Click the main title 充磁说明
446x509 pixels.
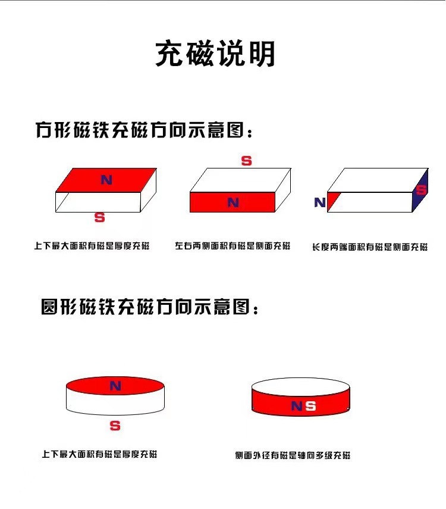(215, 54)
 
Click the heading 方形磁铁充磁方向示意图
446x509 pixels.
(145, 130)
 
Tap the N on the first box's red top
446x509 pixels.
(106, 179)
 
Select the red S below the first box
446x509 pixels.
(100, 218)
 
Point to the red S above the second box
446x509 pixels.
(246, 161)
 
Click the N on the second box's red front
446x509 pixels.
(233, 202)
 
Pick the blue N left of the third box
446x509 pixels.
(320, 202)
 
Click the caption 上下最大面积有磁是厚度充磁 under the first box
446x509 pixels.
(92, 245)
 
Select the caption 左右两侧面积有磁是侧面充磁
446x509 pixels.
(233, 245)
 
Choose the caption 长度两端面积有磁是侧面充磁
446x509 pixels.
(369, 246)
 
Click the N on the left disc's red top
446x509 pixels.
(115, 386)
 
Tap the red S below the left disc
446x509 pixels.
(115, 426)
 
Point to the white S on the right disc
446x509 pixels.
(310, 407)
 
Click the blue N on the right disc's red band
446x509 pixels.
(297, 407)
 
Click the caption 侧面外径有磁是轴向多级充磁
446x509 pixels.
(293, 455)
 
